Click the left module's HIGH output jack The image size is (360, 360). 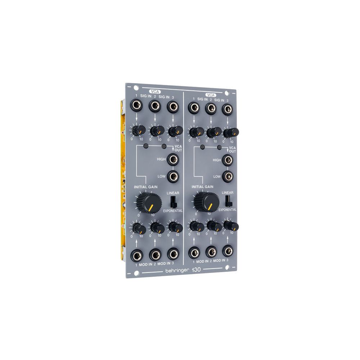click(x=174, y=159)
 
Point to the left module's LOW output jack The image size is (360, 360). click(x=174, y=176)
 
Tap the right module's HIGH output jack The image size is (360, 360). click(x=227, y=159)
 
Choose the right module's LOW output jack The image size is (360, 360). click(x=227, y=176)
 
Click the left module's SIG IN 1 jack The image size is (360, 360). click(x=136, y=106)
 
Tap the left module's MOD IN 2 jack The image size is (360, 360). click(x=155, y=255)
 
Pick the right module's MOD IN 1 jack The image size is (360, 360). click(x=195, y=252)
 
